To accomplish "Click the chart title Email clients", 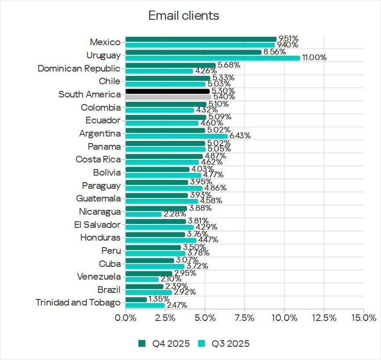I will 183,16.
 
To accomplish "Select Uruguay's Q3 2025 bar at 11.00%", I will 212,58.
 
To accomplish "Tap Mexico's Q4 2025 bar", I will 201,39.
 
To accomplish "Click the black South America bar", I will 167,91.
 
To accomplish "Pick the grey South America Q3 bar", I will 168,97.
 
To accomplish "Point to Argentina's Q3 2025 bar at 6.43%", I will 176,136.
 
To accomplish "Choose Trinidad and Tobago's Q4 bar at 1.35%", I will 136,299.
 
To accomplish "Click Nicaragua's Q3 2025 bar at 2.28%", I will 144,214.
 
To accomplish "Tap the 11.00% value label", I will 313,58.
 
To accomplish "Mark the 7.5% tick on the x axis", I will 244,317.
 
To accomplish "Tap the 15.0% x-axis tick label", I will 364,317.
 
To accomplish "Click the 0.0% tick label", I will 126,317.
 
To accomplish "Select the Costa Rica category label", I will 97,159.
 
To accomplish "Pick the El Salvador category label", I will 97,225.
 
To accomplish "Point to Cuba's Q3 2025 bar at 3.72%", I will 155,266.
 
